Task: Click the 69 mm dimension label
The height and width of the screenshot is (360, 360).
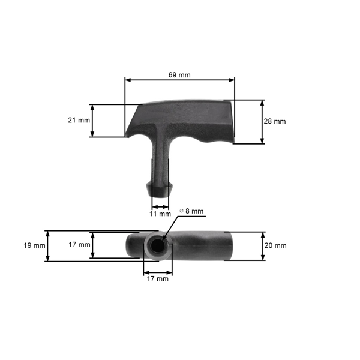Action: (x=179, y=74)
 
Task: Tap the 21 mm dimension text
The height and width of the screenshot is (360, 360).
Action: (x=79, y=121)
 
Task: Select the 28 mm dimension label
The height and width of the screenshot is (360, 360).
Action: (x=275, y=121)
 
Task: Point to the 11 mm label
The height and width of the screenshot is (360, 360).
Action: (x=160, y=214)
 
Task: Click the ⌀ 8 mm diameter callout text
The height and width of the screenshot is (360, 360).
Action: (x=192, y=211)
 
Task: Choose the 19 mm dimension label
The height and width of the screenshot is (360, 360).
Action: (x=35, y=245)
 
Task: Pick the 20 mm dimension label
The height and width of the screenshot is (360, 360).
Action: (x=275, y=245)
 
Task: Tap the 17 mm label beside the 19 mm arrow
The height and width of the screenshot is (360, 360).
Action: (x=79, y=245)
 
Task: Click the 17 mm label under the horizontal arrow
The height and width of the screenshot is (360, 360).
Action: (x=158, y=278)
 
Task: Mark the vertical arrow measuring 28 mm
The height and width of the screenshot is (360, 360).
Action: (x=263, y=122)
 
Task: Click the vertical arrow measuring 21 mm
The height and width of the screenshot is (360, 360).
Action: (x=92, y=121)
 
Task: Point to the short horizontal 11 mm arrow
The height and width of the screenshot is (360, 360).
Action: (x=160, y=206)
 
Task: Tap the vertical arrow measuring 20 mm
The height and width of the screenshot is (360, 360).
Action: (x=263, y=245)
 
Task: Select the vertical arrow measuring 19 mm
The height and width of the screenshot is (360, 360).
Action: (x=47, y=245)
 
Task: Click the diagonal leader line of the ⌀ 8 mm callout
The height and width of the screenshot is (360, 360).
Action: (x=169, y=230)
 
